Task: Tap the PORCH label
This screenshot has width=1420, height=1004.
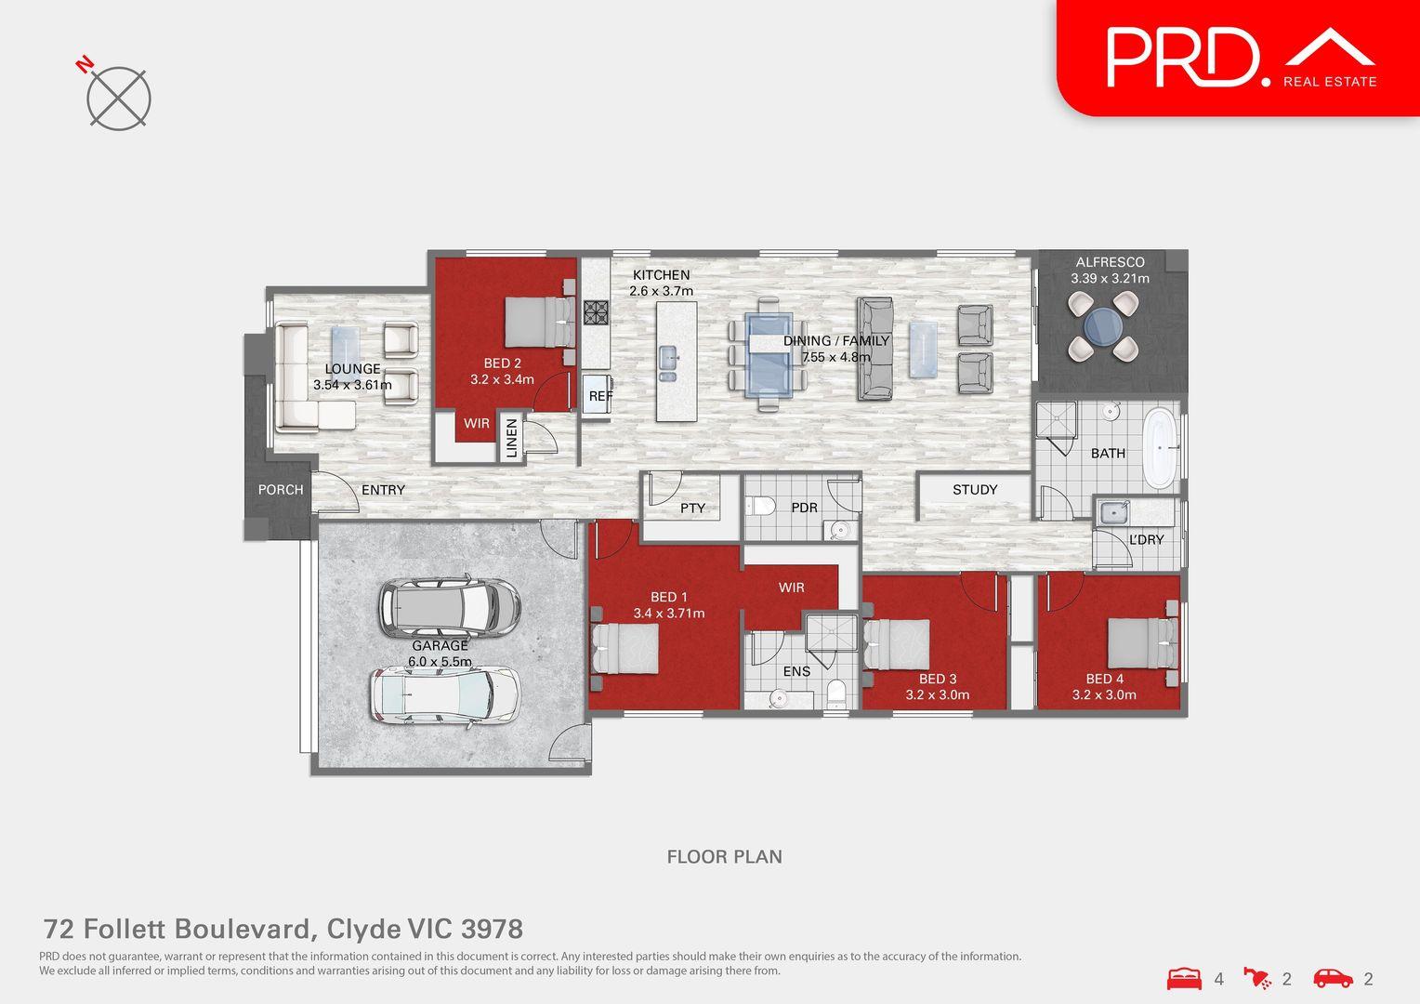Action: [x=281, y=490]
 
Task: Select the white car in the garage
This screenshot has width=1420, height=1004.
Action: [x=444, y=695]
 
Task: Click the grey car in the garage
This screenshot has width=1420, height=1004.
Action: [x=450, y=606]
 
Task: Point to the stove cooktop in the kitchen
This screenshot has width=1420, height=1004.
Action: [x=596, y=312]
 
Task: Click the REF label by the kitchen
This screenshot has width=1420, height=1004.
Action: [x=600, y=396]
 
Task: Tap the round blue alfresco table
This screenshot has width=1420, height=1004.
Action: [x=1103, y=326]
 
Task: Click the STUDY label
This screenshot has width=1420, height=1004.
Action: [x=974, y=490]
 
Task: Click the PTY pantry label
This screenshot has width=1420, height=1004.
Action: [x=692, y=508]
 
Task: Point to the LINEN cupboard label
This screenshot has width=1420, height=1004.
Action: [x=511, y=438]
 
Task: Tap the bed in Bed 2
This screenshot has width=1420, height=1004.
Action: [x=540, y=323]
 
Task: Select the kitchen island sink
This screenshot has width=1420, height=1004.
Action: [x=668, y=359]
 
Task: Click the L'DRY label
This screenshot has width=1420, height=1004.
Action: [x=1146, y=540]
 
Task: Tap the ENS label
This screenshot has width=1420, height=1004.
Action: [x=796, y=671]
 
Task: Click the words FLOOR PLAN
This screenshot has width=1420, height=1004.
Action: [x=725, y=857]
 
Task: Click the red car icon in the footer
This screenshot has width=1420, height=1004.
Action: [x=1334, y=978]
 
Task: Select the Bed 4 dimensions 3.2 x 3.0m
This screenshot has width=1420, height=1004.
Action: [x=1104, y=694]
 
